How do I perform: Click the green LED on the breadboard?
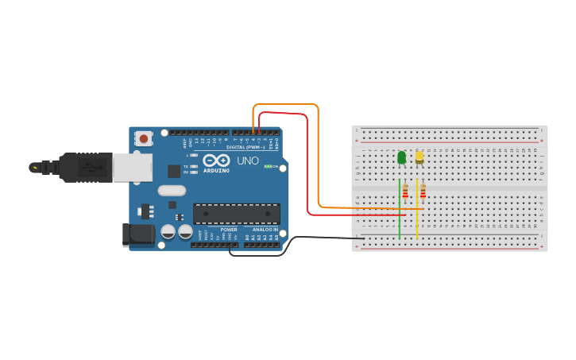(x=401, y=157)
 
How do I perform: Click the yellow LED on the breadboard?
(x=419, y=157)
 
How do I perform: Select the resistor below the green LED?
(x=405, y=192)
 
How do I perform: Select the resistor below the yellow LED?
(x=423, y=192)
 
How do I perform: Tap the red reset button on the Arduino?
(x=144, y=138)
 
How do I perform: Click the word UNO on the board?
(x=247, y=161)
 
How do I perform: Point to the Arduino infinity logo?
(x=216, y=161)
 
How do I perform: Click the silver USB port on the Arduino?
(x=132, y=167)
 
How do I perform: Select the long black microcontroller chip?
(x=236, y=213)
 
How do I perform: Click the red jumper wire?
(x=307, y=167)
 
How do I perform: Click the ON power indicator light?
(x=268, y=166)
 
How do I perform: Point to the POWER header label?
(x=229, y=230)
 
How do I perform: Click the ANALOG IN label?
(x=265, y=230)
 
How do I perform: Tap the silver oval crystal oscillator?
(x=172, y=190)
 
